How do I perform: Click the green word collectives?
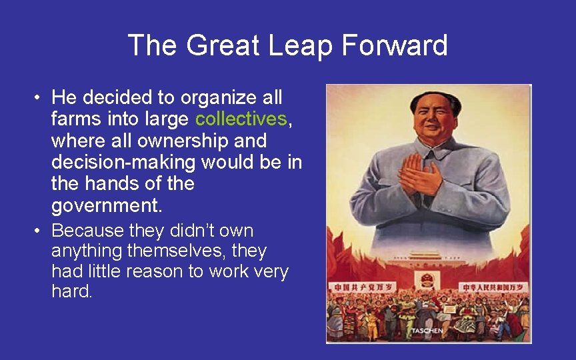pyautogui.click(x=241, y=119)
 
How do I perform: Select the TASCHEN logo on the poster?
pyautogui.click(x=427, y=331)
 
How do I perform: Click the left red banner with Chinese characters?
pyautogui.click(x=356, y=287)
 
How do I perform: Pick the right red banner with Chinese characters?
pyautogui.click(x=494, y=287)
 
